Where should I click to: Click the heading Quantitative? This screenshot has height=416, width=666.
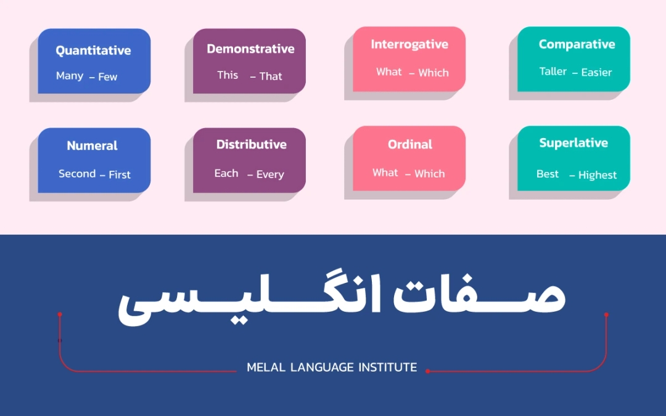[x=93, y=51]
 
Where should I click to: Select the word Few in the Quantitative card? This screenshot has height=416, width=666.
[x=107, y=77]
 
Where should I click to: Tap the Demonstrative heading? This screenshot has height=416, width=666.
[x=250, y=49]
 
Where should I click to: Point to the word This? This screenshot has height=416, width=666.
[x=228, y=75]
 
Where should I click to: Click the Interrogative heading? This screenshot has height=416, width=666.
[x=409, y=44]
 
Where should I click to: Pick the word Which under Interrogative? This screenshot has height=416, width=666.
[x=434, y=73]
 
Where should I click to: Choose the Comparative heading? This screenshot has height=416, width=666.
[x=577, y=44]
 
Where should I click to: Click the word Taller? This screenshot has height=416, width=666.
[x=553, y=71]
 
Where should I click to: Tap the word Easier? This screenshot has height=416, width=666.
[x=596, y=73]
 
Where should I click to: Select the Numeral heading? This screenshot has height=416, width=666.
[x=92, y=146]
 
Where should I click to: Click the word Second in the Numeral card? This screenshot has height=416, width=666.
[x=77, y=174]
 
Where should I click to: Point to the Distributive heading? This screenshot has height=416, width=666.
[x=251, y=145]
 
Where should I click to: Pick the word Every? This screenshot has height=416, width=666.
[x=270, y=175]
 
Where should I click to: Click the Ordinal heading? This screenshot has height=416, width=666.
[x=410, y=145]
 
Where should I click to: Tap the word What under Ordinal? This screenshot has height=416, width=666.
[x=385, y=173]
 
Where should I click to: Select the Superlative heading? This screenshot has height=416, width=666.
[x=573, y=143]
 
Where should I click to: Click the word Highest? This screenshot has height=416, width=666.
[x=598, y=176]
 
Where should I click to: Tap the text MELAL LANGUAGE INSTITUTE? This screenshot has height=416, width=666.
[x=332, y=368]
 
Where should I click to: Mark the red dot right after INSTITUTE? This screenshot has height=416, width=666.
[x=427, y=371]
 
